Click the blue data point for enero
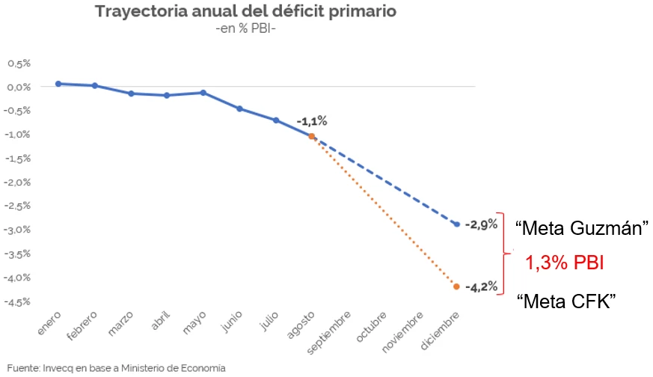[58, 84]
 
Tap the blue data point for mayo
[203, 93]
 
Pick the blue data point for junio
[239, 108]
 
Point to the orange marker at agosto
[312, 136]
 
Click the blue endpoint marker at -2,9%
[457, 224]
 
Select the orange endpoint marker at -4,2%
[457, 286]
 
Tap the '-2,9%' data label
[481, 224]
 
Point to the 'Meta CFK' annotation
[566, 301]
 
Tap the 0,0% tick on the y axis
[19, 87]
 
